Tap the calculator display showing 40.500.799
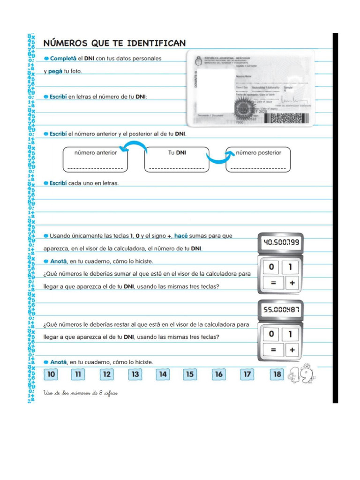click(x=281, y=243)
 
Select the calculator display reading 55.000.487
click(x=281, y=309)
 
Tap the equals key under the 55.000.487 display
click(x=272, y=350)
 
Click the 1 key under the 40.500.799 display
click(x=291, y=267)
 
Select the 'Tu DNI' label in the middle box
click(x=177, y=153)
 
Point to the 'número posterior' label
click(x=258, y=153)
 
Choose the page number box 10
click(x=51, y=374)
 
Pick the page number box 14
click(x=163, y=374)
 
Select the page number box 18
click(x=277, y=374)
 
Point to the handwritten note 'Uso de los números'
click(x=80, y=393)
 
